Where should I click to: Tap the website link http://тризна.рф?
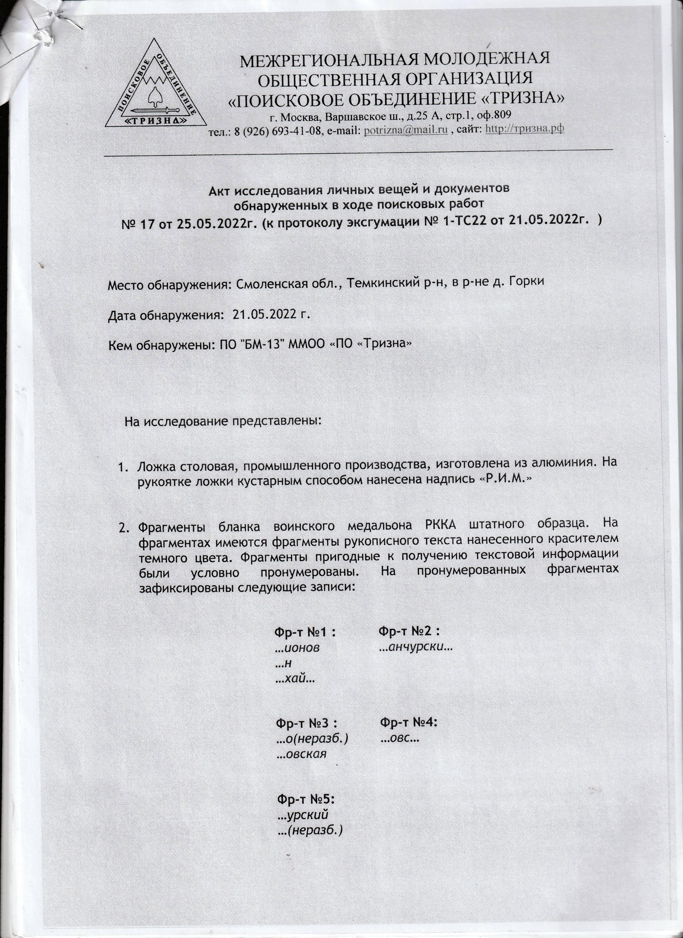(525, 129)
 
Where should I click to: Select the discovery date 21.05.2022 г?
(271, 315)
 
